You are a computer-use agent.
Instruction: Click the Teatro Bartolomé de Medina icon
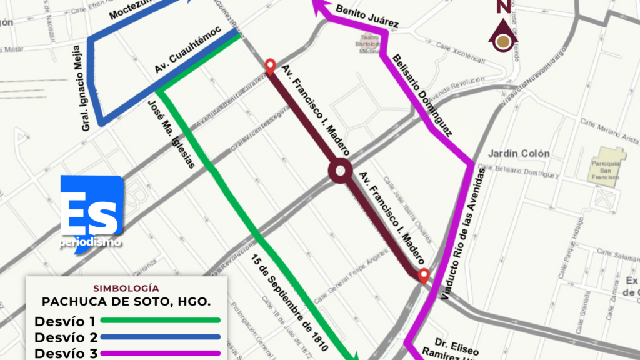click(x=369, y=47)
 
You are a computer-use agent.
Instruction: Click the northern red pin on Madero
click(x=270, y=66)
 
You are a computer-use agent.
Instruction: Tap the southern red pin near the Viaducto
click(x=424, y=276)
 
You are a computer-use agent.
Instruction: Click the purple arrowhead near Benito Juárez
click(x=319, y=7)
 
